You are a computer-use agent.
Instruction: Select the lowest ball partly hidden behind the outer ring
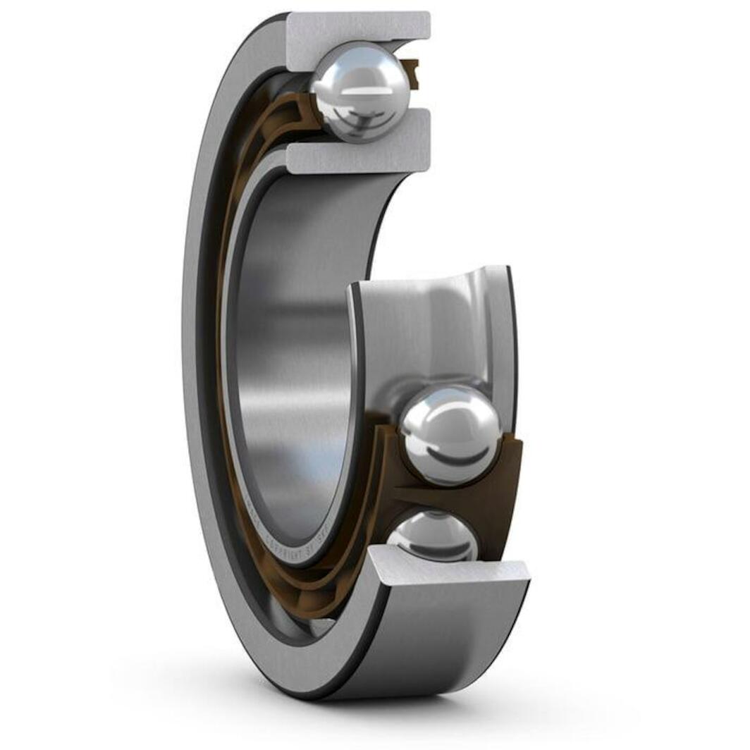point(431,536)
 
